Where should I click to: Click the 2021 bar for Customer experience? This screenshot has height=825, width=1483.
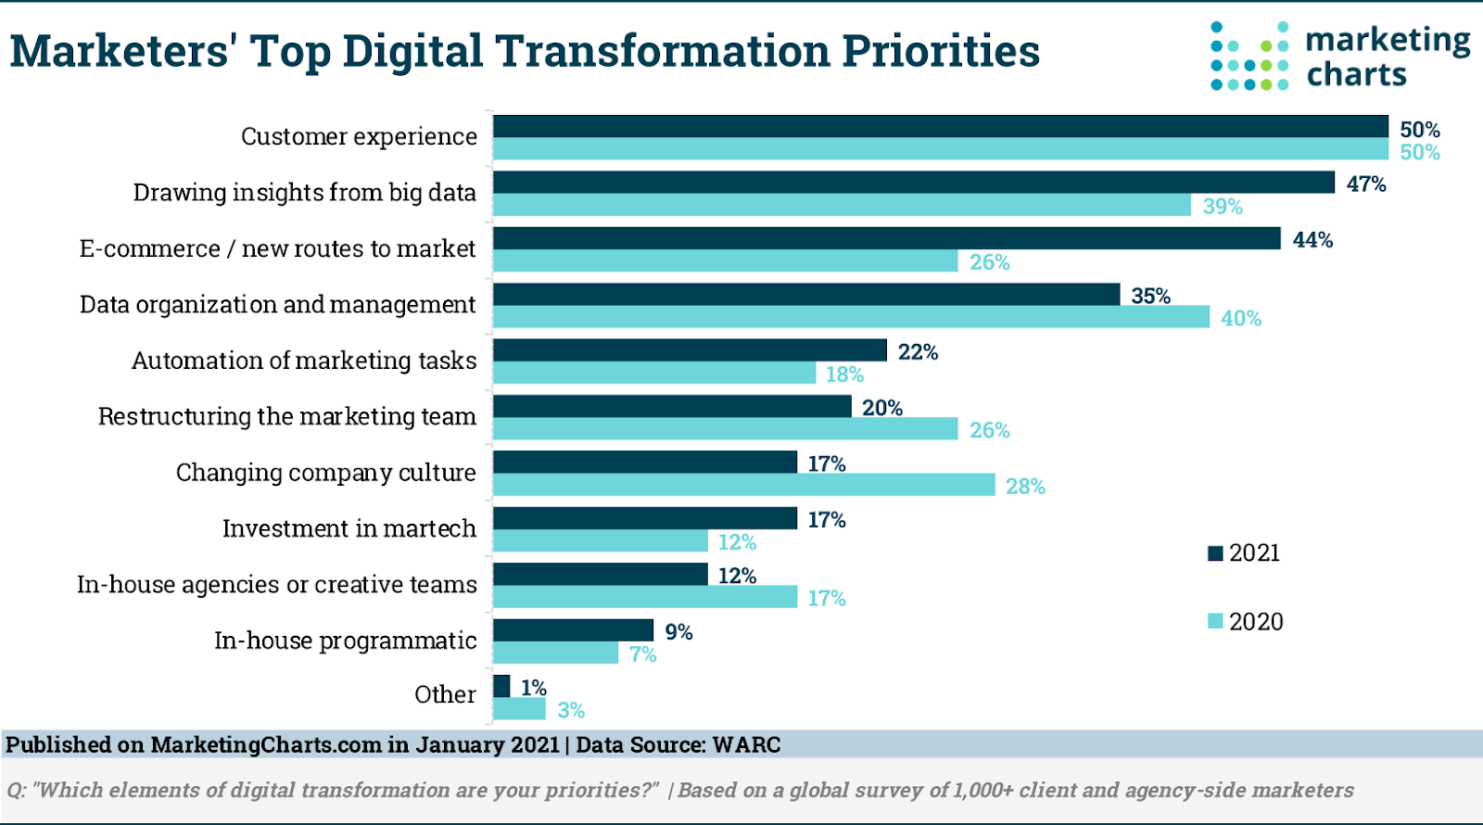click(x=940, y=127)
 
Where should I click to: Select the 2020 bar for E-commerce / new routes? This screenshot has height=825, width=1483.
click(x=725, y=261)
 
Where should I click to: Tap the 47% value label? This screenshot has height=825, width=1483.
click(x=1366, y=184)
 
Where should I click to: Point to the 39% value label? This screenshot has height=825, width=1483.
click(x=1223, y=207)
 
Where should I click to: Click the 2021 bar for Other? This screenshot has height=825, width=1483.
click(x=501, y=686)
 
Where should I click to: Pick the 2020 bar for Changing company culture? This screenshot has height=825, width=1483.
click(x=743, y=485)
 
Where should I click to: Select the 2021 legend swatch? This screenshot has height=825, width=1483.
click(x=1215, y=553)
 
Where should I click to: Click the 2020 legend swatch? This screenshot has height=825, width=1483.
click(x=1215, y=621)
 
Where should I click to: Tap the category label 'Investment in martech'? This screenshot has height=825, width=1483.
click(x=349, y=528)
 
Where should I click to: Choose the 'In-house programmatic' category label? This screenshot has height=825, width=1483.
click(x=345, y=641)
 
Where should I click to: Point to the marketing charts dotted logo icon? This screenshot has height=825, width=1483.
click(x=1249, y=57)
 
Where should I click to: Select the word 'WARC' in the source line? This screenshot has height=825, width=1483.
click(x=746, y=745)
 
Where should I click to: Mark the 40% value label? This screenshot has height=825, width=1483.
click(x=1241, y=319)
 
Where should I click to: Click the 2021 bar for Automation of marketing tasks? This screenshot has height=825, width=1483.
click(x=690, y=350)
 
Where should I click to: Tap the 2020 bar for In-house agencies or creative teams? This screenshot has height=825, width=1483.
click(x=644, y=597)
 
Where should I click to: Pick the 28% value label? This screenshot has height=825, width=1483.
click(x=1025, y=487)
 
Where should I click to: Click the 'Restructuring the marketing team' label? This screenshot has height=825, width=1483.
click(x=287, y=416)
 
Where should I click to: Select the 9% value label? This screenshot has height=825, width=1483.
click(x=678, y=632)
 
